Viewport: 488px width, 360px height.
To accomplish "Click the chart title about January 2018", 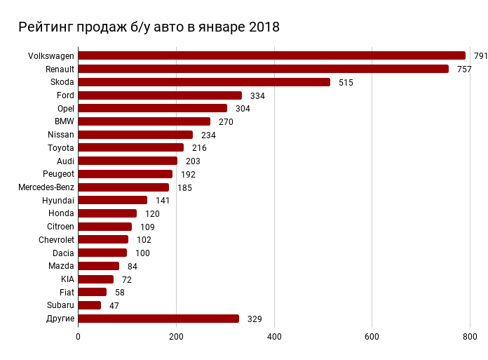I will point(149,27).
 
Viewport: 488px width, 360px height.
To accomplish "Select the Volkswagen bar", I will point(271,55).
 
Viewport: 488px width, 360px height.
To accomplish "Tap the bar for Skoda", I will point(204,82).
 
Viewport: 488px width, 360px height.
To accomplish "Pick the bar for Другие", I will point(158,319).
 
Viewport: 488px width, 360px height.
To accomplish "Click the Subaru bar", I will point(90,305).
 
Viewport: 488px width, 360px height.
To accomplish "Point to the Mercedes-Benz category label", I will point(46,187).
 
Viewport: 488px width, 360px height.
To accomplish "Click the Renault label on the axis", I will point(60,69).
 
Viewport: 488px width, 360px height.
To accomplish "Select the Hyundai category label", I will point(58,200).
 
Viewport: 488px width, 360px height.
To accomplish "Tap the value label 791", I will point(480,56).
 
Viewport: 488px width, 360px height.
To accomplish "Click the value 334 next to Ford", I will point(257,95).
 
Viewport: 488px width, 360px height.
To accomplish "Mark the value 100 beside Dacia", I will point(142,253).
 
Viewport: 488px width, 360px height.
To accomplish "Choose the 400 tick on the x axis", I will point(273,337).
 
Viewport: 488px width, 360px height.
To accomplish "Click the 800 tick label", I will point(469,337).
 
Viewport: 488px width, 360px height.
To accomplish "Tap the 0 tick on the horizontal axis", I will point(78,337).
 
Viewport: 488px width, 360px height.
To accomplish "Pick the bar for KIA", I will point(96,279).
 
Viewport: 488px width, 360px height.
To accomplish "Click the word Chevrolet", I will point(56,240).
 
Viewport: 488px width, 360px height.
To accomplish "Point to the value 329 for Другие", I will point(255,319).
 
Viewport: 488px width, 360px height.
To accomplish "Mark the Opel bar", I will point(153,108).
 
